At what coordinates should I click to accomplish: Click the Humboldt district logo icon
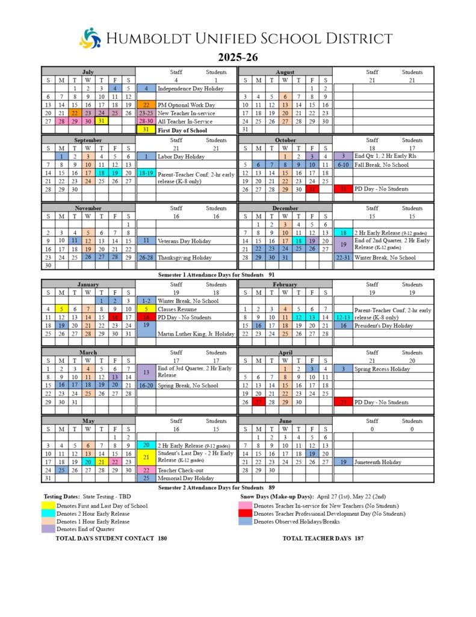point(90,39)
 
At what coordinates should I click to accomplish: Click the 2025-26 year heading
point(238,58)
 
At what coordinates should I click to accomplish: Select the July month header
point(88,72)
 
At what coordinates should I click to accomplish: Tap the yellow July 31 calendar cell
point(101,121)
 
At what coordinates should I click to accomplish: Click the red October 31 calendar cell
point(312,189)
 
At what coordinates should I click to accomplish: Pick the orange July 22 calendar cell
point(75,113)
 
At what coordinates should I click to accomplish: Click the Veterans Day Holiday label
point(184,241)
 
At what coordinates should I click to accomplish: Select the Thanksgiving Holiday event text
point(184,257)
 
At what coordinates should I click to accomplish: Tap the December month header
point(285,208)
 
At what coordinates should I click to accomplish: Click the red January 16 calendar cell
point(114,317)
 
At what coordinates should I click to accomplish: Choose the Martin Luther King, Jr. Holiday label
point(196,334)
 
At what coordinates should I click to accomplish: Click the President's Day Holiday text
point(383,325)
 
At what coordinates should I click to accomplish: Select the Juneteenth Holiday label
point(379,462)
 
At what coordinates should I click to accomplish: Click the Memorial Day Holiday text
point(186,478)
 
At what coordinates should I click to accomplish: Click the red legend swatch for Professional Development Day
point(246,514)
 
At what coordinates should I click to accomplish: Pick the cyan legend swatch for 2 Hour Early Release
point(49,514)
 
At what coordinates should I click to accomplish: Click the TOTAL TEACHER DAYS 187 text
point(323,538)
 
